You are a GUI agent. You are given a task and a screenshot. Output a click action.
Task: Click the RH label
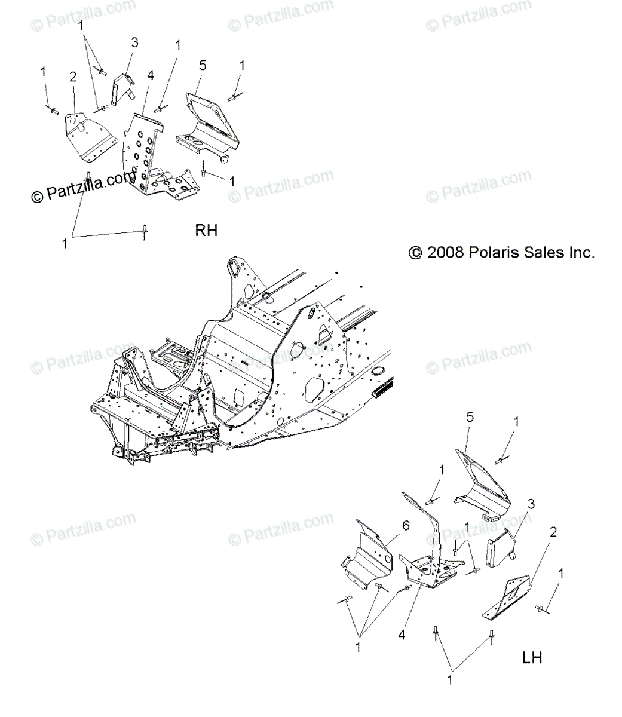[206, 230]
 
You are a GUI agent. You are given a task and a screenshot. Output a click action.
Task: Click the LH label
[531, 658]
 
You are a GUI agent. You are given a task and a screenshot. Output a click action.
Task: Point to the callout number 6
[406, 526]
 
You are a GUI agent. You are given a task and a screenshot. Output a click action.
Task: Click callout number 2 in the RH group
[73, 76]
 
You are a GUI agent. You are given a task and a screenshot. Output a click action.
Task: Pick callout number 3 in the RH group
[134, 43]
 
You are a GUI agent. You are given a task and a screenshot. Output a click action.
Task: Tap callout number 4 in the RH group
[150, 76]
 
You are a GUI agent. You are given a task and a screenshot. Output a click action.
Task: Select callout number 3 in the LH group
[530, 503]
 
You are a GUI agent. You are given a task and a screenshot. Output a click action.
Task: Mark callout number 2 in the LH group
[553, 532]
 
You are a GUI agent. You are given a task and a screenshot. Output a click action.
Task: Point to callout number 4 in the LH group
[402, 635]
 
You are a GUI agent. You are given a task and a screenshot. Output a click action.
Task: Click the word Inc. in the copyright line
[581, 253]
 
